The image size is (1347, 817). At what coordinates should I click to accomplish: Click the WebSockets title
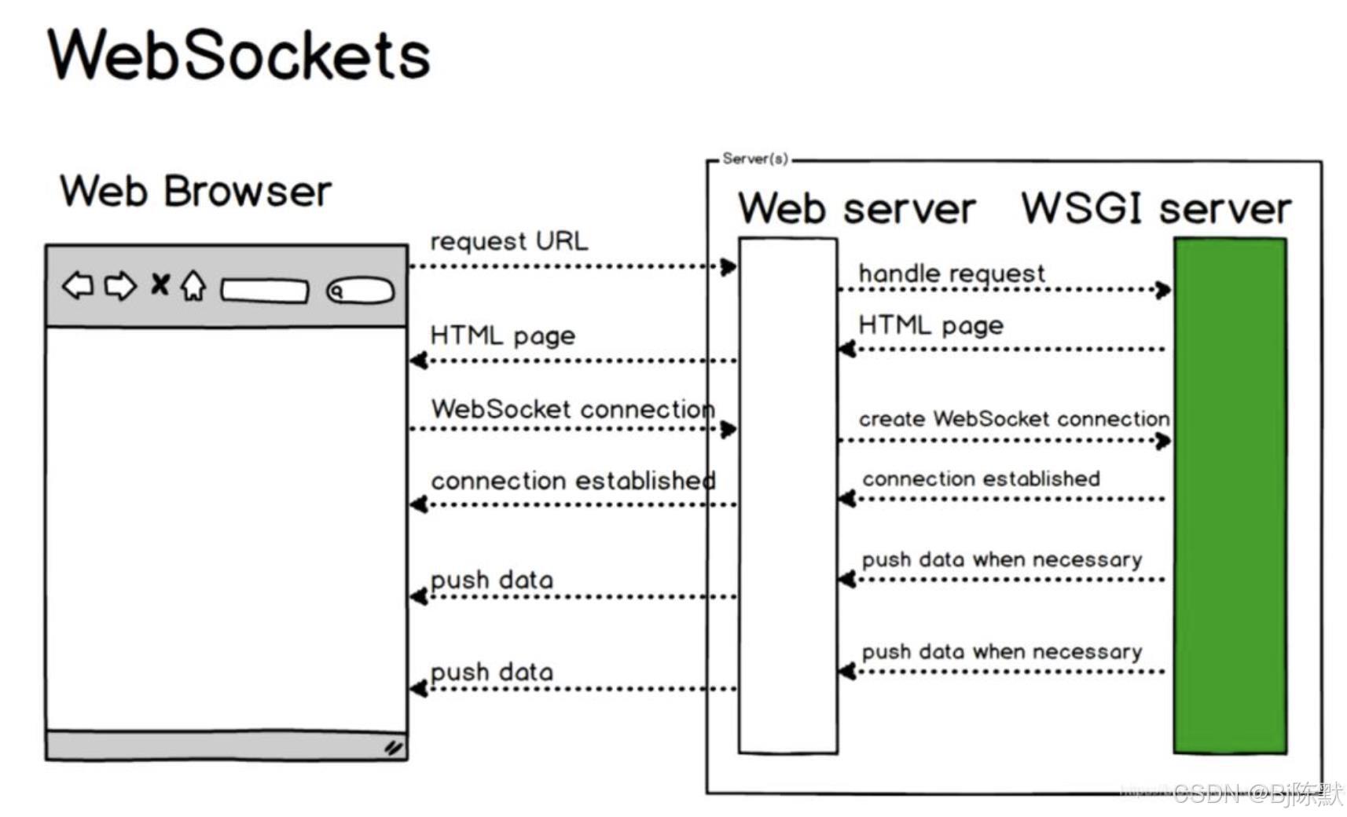click(x=239, y=55)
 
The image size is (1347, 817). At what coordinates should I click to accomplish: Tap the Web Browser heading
click(x=196, y=192)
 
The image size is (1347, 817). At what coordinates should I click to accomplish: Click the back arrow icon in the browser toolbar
click(x=78, y=286)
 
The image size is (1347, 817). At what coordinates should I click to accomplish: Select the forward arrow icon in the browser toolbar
click(x=120, y=286)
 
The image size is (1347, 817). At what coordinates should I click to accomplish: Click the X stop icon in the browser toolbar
click(x=160, y=284)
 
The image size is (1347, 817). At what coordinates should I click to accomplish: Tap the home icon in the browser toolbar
click(x=193, y=286)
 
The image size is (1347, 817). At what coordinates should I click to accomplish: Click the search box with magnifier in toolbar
click(x=361, y=291)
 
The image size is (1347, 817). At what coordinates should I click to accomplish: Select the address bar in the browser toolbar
click(x=265, y=291)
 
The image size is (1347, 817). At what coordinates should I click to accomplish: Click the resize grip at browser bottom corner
click(x=394, y=747)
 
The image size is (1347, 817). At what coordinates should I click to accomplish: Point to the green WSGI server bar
click(x=1230, y=495)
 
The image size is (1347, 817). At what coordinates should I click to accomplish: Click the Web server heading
click(x=857, y=209)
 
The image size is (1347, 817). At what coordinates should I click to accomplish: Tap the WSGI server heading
click(x=1155, y=209)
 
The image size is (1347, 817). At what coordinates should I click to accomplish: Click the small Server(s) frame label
click(x=754, y=159)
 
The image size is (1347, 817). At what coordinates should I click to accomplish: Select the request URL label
click(x=508, y=240)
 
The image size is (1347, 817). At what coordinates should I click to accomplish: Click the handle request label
click(x=952, y=273)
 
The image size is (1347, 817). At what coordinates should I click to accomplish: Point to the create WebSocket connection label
click(x=1014, y=419)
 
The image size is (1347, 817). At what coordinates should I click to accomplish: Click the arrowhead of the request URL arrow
click(x=729, y=267)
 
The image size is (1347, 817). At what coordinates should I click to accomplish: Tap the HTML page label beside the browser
click(x=502, y=335)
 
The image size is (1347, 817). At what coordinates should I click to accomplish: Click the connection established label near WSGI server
click(x=981, y=478)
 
